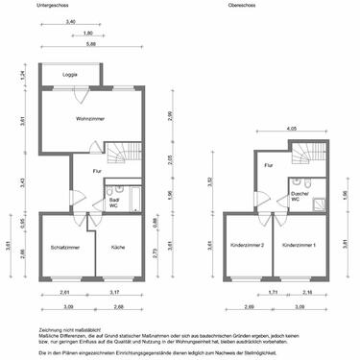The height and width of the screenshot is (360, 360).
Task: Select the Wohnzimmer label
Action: pyautogui.click(x=89, y=120)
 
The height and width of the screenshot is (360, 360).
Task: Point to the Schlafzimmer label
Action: pyautogui.click(x=64, y=248)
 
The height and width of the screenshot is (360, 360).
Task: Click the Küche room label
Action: pyautogui.click(x=119, y=248)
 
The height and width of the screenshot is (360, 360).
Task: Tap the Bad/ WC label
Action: pyautogui.click(x=113, y=202)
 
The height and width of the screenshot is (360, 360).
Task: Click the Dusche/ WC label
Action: pyautogui.click(x=300, y=198)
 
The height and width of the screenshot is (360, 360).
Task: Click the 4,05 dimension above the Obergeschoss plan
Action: pyautogui.click(x=291, y=129)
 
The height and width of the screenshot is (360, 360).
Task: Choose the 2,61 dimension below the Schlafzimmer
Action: pyautogui.click(x=63, y=292)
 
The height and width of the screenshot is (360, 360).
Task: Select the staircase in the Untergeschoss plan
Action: pyautogui.click(x=120, y=154)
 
